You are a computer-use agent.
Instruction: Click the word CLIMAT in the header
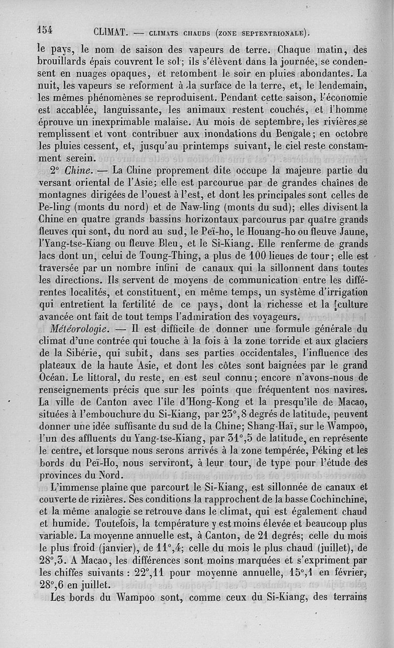click(111, 33)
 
